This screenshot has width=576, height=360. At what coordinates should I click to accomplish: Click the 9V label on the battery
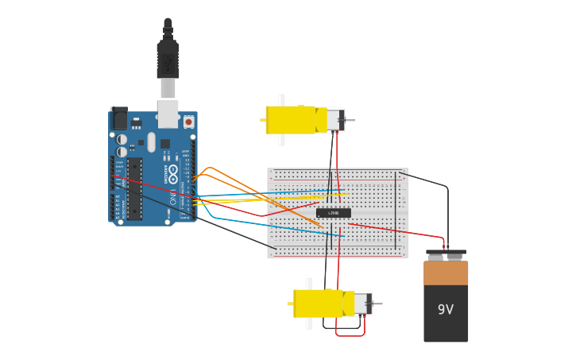point(446,309)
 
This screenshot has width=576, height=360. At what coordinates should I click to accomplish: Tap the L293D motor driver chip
point(334,213)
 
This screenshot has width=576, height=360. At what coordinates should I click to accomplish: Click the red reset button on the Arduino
point(188,122)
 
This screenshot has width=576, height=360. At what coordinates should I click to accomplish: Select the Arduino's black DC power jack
point(119,119)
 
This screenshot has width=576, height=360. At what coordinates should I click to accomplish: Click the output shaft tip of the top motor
point(352,121)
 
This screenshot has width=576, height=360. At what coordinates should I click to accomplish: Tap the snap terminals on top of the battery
point(446,256)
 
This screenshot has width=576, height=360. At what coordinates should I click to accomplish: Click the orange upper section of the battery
point(446,273)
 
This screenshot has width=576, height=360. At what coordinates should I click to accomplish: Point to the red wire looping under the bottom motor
point(350,335)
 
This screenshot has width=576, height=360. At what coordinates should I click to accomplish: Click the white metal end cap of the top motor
point(336,120)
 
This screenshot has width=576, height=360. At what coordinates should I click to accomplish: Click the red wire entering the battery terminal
point(442,241)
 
